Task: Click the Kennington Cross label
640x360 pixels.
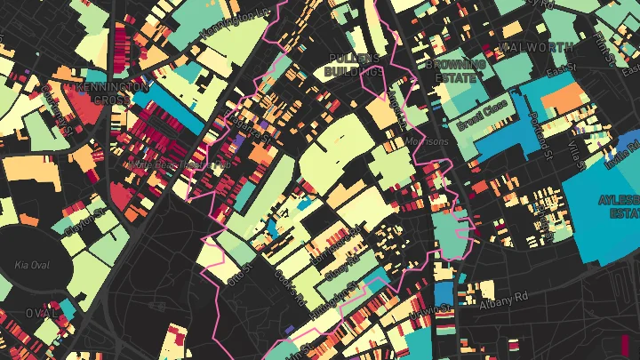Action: [112, 93]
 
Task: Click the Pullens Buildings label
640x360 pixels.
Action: [353, 64]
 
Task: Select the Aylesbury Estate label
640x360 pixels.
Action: [620, 207]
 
